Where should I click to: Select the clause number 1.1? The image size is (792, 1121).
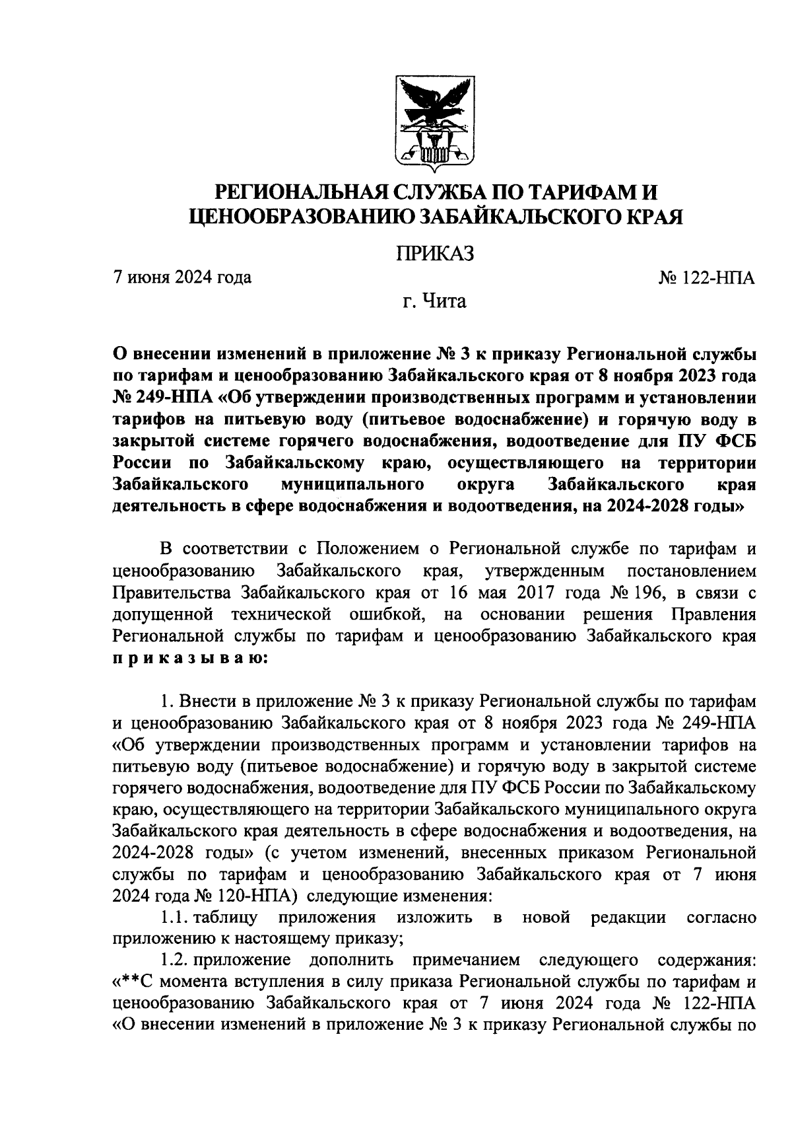tap(174, 918)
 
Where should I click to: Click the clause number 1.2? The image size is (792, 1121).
tap(174, 958)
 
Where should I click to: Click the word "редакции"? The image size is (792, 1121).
tap(628, 918)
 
